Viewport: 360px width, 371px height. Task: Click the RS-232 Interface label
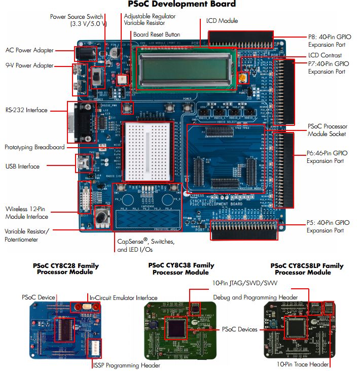pos(26,110)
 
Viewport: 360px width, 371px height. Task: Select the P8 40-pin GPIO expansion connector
pos(241,38)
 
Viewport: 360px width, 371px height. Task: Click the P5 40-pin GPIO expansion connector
pos(244,231)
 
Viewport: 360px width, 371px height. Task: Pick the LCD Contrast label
pos(325,55)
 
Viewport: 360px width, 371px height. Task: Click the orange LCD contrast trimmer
pos(243,78)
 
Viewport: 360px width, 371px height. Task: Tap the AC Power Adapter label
pos(29,50)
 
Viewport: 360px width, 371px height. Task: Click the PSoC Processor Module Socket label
pos(327,130)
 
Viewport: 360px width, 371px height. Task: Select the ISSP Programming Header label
pos(126,365)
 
